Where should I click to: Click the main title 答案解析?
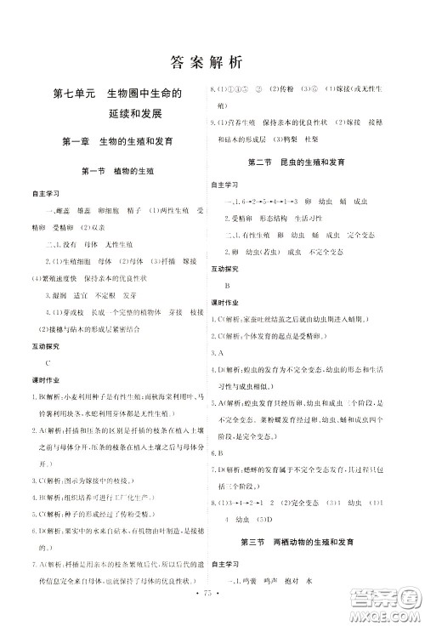207,61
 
